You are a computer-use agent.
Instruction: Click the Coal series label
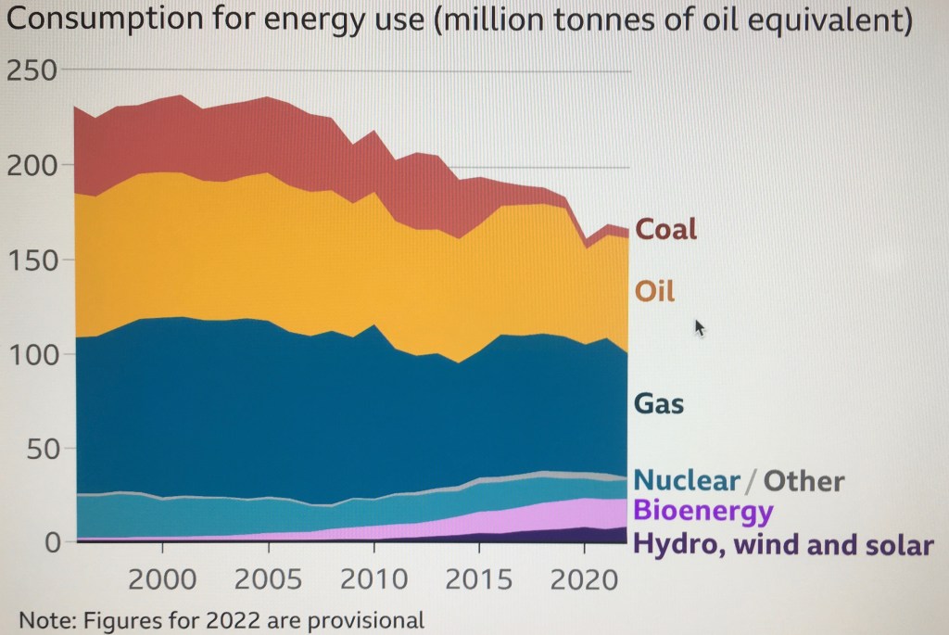click(x=665, y=229)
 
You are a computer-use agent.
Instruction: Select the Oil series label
click(x=654, y=292)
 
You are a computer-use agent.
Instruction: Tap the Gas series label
click(x=658, y=404)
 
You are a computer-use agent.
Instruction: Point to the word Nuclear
click(x=687, y=481)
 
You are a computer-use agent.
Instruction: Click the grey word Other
click(x=804, y=481)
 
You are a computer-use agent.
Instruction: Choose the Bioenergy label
click(x=702, y=511)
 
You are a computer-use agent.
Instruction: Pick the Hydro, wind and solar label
click(x=783, y=544)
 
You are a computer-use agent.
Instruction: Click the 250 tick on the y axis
click(x=32, y=70)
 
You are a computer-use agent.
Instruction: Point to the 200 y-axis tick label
click(x=32, y=166)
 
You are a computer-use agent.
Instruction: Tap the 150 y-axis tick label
click(x=32, y=260)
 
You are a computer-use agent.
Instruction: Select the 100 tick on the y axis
click(x=32, y=355)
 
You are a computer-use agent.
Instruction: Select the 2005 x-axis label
click(x=269, y=580)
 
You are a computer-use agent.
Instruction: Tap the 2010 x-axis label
click(x=373, y=580)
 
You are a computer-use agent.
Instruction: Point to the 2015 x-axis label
click(x=478, y=580)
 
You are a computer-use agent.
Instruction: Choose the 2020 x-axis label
click(x=583, y=580)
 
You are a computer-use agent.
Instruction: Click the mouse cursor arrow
click(x=700, y=327)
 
